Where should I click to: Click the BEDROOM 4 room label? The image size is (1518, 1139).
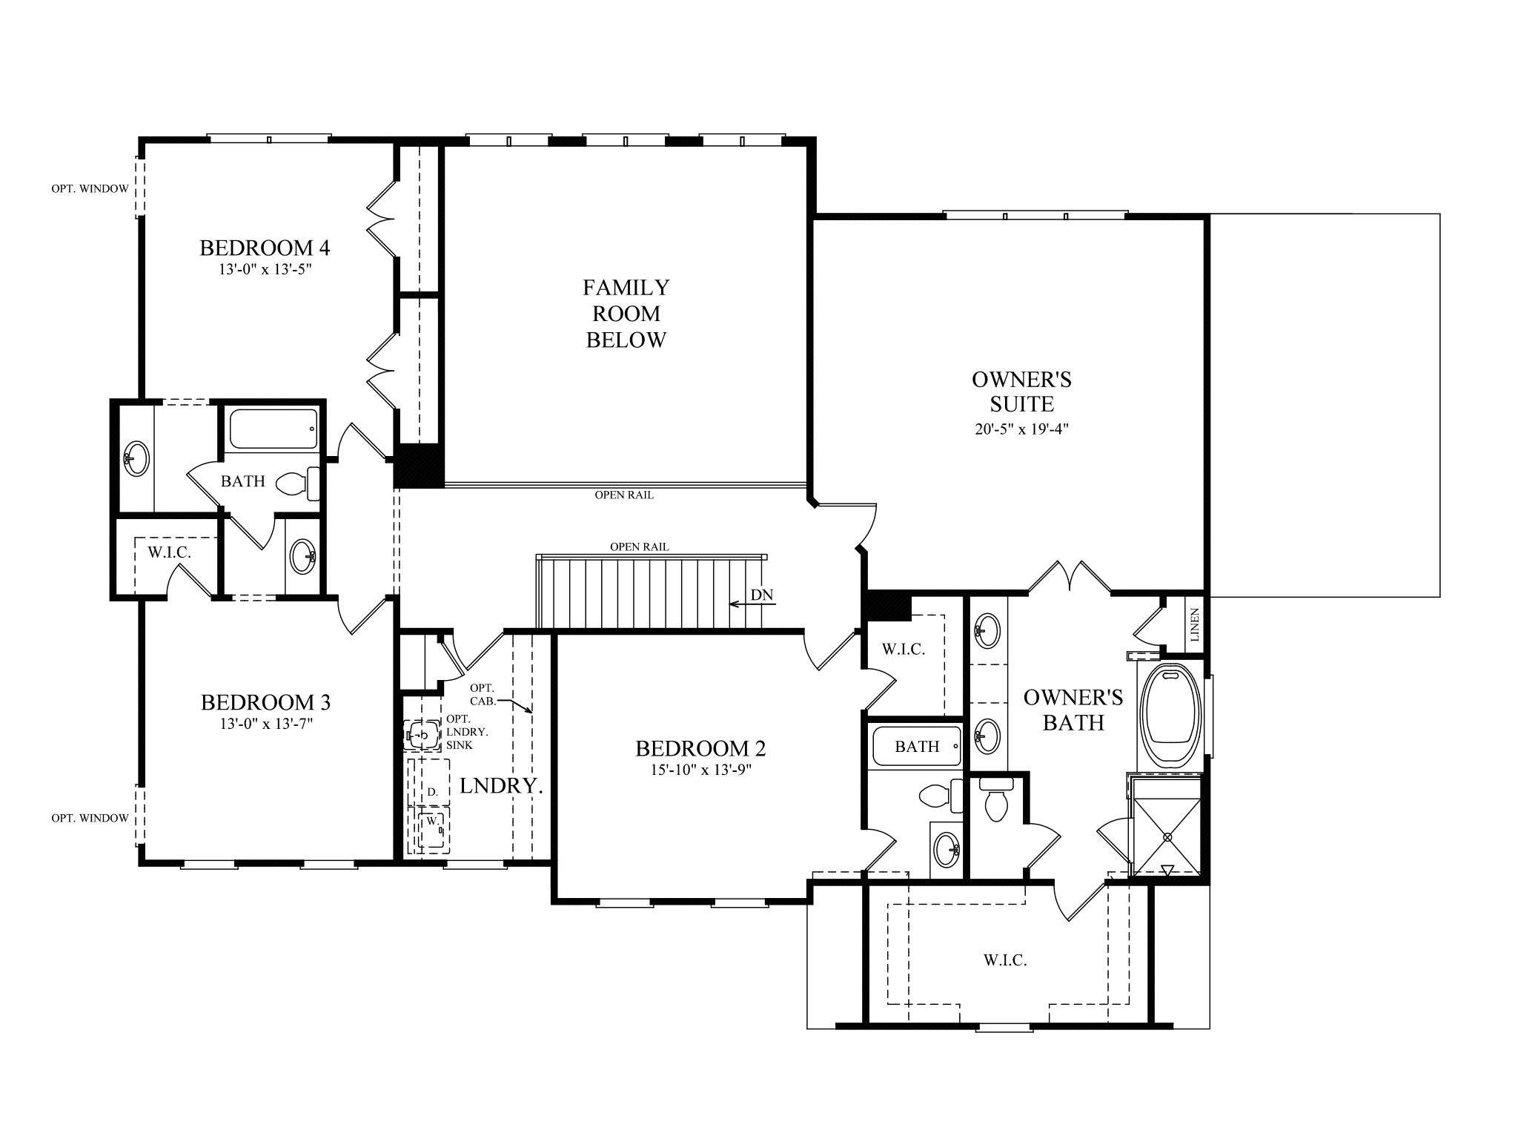click(x=265, y=248)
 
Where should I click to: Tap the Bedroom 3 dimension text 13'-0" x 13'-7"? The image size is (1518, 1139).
click(x=266, y=724)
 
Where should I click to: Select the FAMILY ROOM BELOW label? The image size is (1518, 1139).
click(x=626, y=313)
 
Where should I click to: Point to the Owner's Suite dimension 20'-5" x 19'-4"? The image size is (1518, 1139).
click(x=1021, y=429)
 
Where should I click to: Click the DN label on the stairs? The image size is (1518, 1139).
click(x=762, y=595)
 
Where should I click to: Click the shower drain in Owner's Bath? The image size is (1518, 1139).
click(x=1168, y=836)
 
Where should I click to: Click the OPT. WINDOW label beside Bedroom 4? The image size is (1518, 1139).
click(x=90, y=189)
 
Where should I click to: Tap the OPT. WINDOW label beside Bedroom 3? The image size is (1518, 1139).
click(x=90, y=818)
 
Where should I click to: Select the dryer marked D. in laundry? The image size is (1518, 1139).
click(x=432, y=792)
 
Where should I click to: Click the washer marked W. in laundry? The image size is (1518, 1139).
click(x=431, y=822)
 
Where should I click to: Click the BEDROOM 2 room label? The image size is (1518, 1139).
click(x=700, y=748)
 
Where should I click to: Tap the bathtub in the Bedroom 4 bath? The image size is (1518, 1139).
click(x=274, y=429)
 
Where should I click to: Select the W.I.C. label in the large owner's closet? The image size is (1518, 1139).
click(x=1005, y=960)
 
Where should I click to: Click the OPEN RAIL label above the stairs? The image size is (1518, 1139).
click(x=639, y=547)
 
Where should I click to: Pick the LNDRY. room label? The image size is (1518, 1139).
click(x=501, y=786)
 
